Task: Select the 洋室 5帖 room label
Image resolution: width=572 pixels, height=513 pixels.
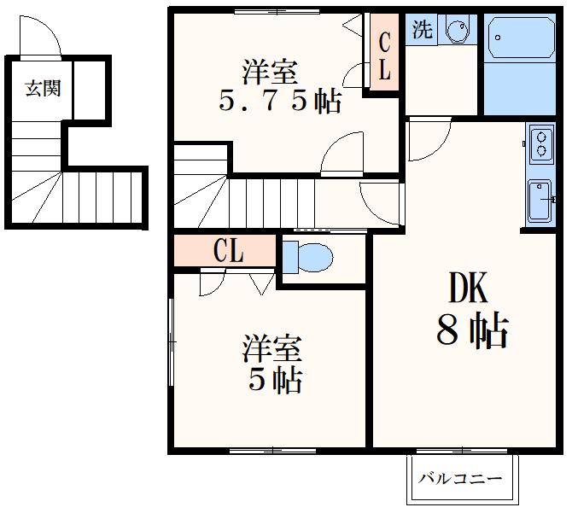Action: coord(273,364)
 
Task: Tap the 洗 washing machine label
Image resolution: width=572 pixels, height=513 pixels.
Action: coord(422,30)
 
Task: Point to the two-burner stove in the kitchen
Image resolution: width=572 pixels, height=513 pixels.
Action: coord(540,143)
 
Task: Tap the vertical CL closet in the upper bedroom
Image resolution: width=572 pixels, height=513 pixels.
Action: coord(383,55)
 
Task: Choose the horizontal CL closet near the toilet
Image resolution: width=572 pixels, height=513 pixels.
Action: coord(226,251)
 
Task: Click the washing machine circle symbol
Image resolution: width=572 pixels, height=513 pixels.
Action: coord(457,31)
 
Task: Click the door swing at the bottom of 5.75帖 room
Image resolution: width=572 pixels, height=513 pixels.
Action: coord(343,156)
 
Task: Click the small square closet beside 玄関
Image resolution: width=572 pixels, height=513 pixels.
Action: coord(90,89)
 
